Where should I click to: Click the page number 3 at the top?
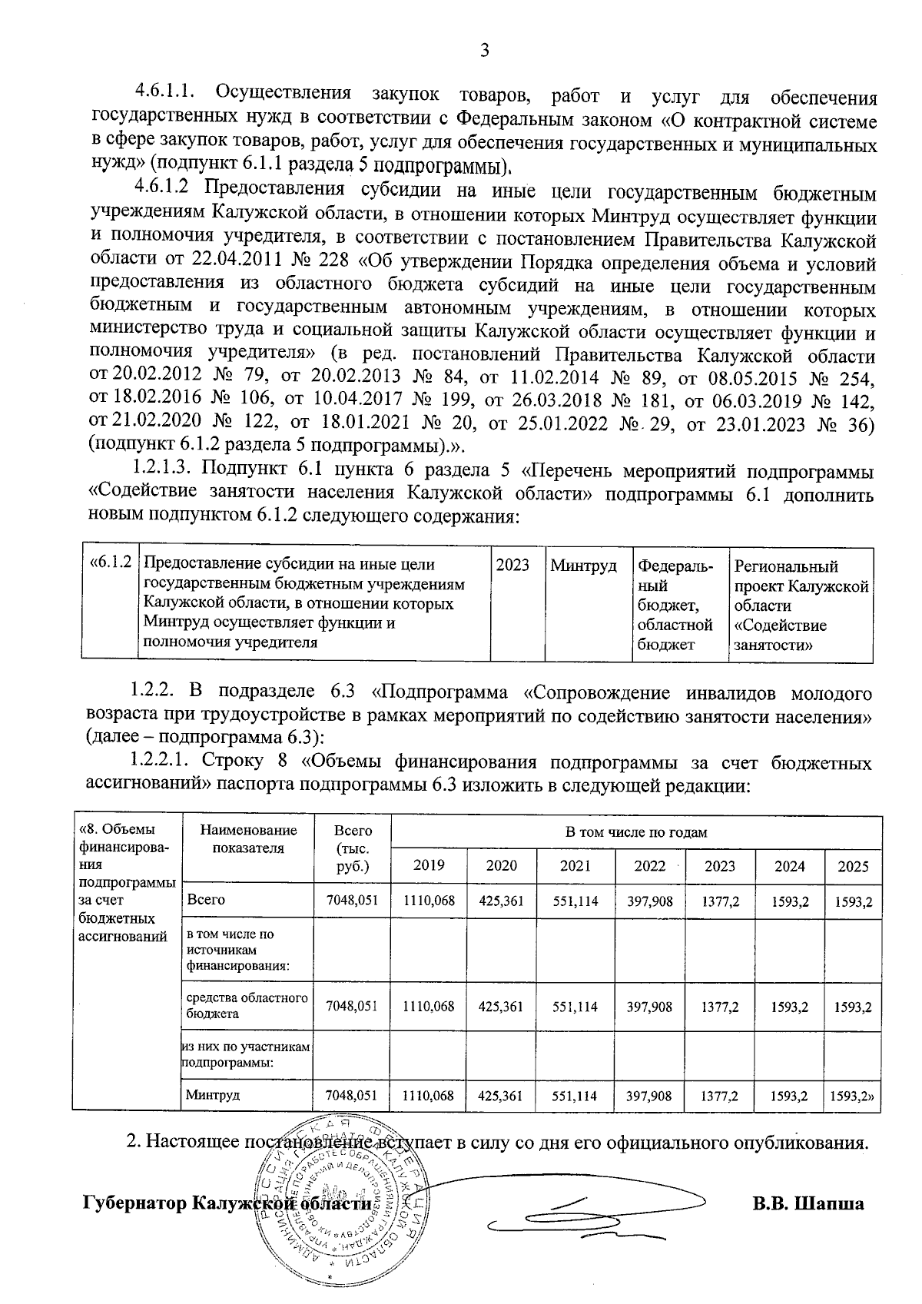(483, 51)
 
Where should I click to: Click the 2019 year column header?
(429, 866)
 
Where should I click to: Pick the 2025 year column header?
(853, 866)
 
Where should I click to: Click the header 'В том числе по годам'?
(635, 832)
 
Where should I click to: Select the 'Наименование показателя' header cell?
(247, 839)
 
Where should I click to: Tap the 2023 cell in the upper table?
(512, 566)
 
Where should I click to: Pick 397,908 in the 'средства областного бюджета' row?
(649, 1006)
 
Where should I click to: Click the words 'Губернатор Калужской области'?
(227, 1203)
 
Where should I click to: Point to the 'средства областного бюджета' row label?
(247, 1006)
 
